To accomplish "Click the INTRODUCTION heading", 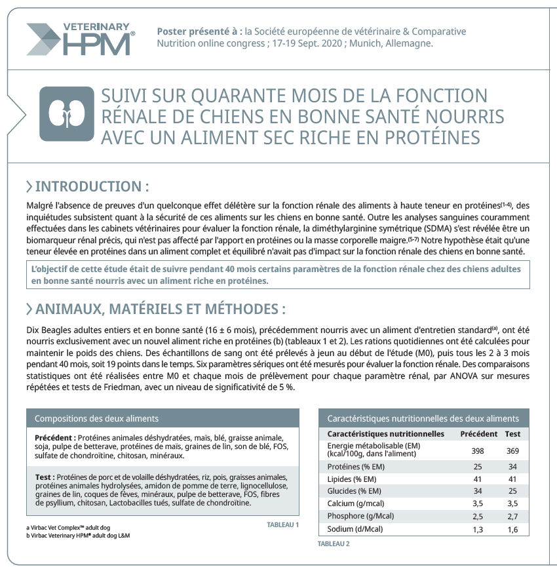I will click(92, 186).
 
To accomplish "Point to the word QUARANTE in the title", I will click(224, 96).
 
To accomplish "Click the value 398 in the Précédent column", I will click(478, 451).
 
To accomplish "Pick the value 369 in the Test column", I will click(512, 451).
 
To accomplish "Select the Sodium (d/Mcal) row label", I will click(355, 529).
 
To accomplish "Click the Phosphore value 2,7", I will click(512, 517).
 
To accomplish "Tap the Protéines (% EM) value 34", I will click(512, 466).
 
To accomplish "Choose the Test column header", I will click(512, 434).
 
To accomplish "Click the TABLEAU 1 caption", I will click(283, 524).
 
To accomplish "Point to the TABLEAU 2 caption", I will click(334, 543).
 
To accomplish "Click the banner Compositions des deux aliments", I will click(96, 418).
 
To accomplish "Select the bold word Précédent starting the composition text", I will click(55, 437).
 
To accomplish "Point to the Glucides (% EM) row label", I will click(354, 491).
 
